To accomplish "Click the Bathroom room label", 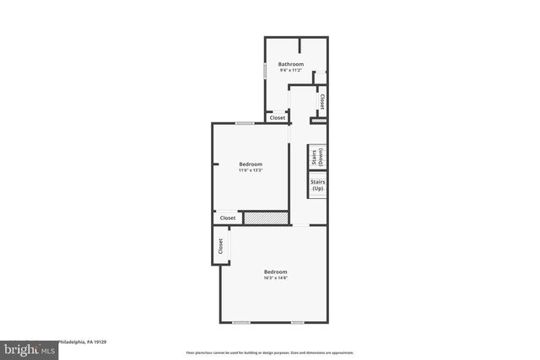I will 291,64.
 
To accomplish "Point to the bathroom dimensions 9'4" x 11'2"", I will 291,70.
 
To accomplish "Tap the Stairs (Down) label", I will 317,157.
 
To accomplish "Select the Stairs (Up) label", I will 317,185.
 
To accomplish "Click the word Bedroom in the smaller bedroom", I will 251,164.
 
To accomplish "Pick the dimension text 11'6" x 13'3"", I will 251,170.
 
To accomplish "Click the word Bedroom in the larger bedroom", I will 275,271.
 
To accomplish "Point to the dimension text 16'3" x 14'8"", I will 275,278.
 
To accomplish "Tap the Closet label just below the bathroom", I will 277,118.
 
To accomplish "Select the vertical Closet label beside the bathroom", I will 321,102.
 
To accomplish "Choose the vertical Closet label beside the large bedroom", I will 220,246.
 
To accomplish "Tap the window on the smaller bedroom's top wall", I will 245,123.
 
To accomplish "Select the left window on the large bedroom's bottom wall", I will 241,322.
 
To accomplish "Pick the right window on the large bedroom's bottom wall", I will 297,322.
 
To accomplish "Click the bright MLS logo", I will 29,348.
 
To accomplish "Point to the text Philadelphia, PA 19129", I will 82,342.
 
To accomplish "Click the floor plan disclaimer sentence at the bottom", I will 269,352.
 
